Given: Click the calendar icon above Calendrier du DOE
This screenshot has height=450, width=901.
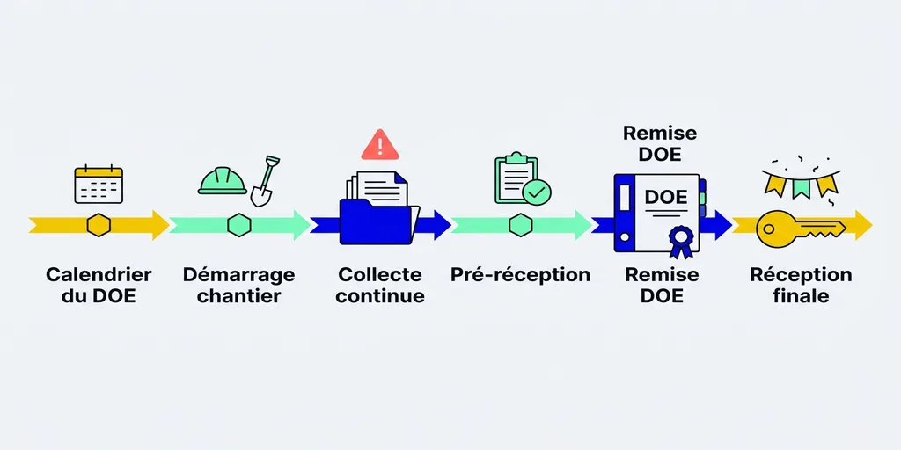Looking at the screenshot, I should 99,185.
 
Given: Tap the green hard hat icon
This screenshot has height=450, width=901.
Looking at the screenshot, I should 222,180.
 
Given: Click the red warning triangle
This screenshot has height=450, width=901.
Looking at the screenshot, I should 380,144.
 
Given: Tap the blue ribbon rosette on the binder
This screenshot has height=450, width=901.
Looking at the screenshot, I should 679,239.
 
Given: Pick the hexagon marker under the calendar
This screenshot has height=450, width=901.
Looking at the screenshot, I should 99,225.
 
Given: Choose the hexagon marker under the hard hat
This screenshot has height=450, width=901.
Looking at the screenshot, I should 239,225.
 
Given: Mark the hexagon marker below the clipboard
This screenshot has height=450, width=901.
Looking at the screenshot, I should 520,225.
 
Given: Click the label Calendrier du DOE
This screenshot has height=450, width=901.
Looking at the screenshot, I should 99,285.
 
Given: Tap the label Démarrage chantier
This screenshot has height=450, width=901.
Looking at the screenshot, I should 238,285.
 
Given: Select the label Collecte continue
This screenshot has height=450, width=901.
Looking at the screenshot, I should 380,285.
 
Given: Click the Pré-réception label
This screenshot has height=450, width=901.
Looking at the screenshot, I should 520,275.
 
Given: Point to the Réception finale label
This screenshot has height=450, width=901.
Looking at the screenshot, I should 801,285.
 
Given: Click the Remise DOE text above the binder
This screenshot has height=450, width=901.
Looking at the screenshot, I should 660,143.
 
